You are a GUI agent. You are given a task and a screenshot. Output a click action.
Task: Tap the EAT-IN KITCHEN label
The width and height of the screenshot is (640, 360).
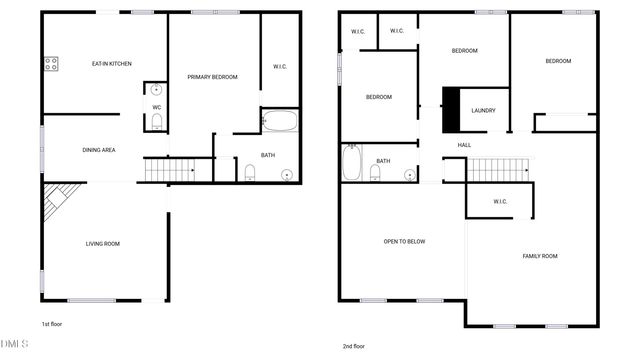(112, 64)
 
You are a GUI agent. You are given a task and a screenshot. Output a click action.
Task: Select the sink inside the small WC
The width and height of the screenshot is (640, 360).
(157, 90)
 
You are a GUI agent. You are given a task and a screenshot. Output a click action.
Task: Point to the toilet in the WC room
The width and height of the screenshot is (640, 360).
(157, 122)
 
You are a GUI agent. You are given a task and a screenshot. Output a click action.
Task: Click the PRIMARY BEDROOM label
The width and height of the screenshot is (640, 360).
(212, 77)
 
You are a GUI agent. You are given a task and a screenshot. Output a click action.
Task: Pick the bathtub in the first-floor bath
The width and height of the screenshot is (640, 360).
(280, 122)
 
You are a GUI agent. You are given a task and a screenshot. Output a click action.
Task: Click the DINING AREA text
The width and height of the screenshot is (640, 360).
(98, 150)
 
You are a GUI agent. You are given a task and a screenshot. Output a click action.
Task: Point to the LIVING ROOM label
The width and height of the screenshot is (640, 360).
(103, 244)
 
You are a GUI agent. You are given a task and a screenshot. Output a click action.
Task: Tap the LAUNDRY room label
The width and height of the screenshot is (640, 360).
(484, 111)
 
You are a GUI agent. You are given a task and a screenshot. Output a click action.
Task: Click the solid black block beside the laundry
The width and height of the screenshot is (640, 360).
(451, 109)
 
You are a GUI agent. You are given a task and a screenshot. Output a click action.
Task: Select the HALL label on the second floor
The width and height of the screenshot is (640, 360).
(464, 145)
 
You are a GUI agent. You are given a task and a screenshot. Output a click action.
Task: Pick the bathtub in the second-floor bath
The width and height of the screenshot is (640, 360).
(351, 163)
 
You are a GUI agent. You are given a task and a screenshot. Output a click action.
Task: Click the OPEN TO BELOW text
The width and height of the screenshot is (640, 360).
(405, 241)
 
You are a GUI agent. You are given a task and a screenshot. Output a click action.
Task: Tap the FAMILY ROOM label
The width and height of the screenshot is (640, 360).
(540, 256)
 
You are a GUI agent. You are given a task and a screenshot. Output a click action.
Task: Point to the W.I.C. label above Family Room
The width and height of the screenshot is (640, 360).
(501, 202)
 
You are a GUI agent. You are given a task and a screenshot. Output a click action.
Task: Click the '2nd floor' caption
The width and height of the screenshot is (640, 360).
(355, 346)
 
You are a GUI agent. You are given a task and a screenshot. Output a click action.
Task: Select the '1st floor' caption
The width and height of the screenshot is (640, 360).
(53, 324)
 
